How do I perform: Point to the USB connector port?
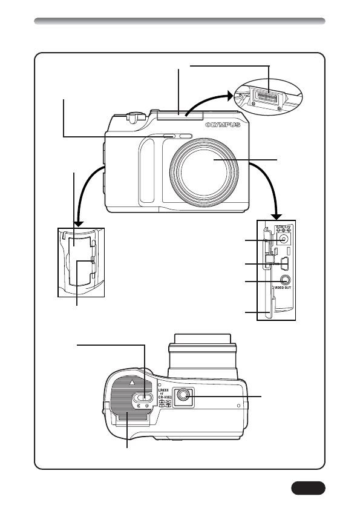point(286,264)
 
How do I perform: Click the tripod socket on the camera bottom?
point(184,396)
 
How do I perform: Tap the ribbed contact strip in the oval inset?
point(267,94)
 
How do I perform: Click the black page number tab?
point(308,487)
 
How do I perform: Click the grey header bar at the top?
point(180,22)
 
